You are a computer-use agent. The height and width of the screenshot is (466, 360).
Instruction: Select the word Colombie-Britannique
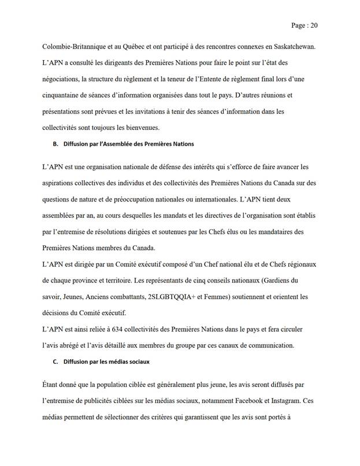tap(67, 46)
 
